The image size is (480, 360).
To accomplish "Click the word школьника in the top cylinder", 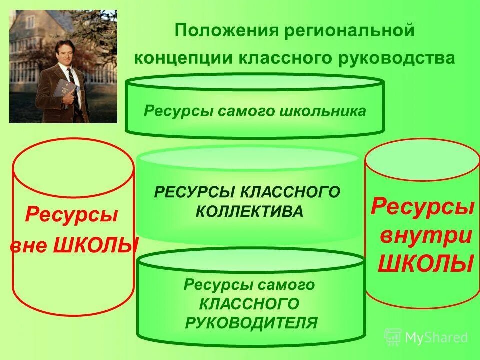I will [326, 111].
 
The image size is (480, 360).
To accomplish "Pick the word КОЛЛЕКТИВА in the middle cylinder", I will [249, 211].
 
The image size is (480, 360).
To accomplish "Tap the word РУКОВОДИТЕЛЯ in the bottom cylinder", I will [251, 322].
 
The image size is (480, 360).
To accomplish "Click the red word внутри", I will [426, 235].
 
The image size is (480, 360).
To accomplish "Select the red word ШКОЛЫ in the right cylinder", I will [425, 263].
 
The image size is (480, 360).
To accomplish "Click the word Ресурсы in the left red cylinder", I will [71, 216].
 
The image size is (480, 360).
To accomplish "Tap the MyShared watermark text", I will [436, 338].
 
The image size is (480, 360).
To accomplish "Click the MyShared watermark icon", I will [393, 337].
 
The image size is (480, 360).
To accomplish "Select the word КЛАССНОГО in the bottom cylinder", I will [249, 304].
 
